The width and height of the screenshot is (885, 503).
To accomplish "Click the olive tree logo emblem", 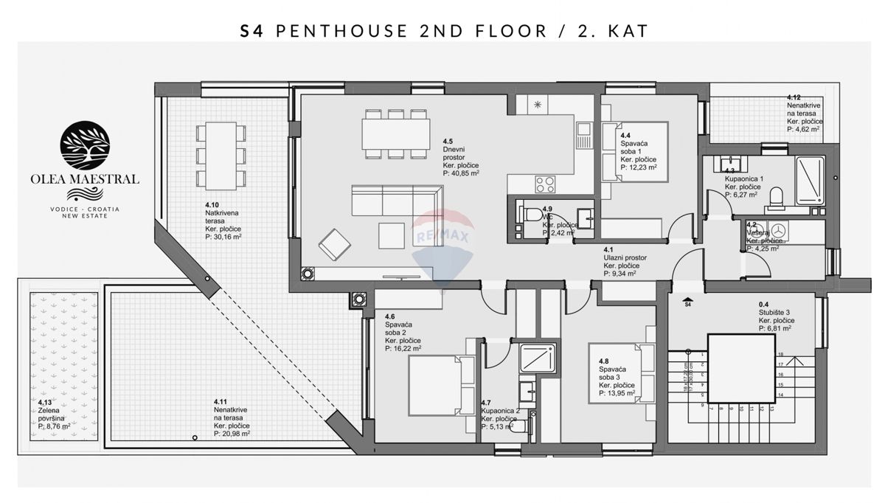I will pyautogui.click(x=84, y=145).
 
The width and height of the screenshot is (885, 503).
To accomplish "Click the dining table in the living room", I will pyautogui.click(x=396, y=134).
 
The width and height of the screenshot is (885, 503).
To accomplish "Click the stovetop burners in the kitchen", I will pyautogui.click(x=545, y=184).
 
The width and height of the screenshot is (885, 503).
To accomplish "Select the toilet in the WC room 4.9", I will pyautogui.click(x=531, y=215).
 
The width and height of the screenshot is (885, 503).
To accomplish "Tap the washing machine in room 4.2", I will pyautogui.click(x=777, y=230).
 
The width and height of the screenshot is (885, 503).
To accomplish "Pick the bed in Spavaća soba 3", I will pyautogui.click(x=621, y=373).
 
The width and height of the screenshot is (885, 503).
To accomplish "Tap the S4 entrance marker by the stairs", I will pyautogui.click(x=687, y=304).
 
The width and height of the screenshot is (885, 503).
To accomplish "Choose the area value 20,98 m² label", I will pyautogui.click(x=232, y=434).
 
